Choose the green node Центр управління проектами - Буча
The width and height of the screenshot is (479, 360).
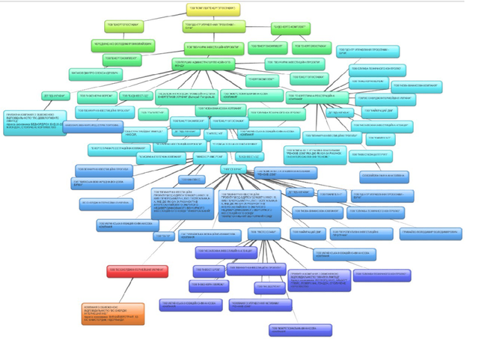click(214, 26)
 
